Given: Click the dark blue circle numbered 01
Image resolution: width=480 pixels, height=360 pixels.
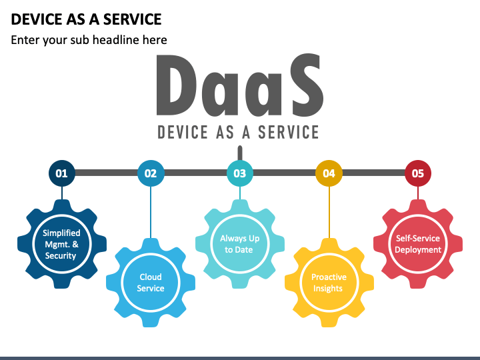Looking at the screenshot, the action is tap(62, 173).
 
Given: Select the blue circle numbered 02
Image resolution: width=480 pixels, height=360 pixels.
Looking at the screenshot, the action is tap(151, 173).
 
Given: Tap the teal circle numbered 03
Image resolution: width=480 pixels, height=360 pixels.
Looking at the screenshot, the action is tap(240, 173).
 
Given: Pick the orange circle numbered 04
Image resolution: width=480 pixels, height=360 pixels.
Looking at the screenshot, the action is tap(329, 173).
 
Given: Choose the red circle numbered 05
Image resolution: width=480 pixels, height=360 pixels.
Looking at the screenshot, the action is tap(418, 173).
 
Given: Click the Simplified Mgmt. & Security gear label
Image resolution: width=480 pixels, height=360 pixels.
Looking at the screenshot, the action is tap(61, 244).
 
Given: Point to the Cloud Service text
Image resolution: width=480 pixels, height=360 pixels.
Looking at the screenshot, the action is tap(151, 283).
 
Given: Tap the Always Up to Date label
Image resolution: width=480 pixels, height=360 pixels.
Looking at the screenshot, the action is tap(239, 244).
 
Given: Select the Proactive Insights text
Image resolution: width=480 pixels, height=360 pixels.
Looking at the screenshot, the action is tap(329, 283).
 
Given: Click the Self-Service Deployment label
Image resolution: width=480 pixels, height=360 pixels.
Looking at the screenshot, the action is tap(418, 244).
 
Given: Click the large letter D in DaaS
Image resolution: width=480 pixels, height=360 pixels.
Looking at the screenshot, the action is tap(176, 85).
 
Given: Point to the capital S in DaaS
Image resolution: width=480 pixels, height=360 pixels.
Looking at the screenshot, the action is tap(306, 85).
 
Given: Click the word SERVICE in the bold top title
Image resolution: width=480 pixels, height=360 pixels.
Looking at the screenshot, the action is tap(132, 19).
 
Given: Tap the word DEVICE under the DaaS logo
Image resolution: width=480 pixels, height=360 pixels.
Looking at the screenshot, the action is tap(183, 132).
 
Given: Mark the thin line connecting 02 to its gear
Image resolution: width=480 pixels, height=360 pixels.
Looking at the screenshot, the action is tap(151, 213).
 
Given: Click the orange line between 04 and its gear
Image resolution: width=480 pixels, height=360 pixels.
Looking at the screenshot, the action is tap(329, 213).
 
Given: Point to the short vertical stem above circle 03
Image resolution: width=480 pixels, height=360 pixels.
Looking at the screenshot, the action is tap(240, 153).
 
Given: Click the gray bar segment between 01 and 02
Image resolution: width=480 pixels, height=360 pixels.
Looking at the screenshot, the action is tap(106, 173).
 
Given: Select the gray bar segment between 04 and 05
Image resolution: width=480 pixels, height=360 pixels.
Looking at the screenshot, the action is tap(373, 173).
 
